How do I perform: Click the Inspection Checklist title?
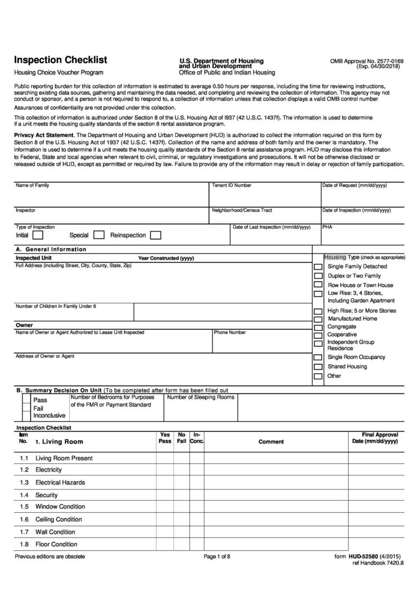coord(60,60)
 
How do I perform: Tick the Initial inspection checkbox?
coord(38,235)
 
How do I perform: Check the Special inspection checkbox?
coord(99,235)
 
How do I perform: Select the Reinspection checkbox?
coord(156,235)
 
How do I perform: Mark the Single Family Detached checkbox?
coord(318,267)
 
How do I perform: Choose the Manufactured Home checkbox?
coord(318,319)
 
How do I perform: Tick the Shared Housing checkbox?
coord(318,367)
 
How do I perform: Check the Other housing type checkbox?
coord(318,376)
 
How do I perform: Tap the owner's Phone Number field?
coord(262,344)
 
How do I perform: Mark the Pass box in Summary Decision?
coord(26,400)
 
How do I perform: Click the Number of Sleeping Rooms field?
coord(201,410)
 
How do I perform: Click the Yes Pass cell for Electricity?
coord(165,470)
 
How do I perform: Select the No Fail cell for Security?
coord(181,495)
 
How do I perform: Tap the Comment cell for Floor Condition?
coord(276,544)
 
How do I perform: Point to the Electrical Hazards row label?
coord(60,483)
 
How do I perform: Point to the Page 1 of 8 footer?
coord(217,557)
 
